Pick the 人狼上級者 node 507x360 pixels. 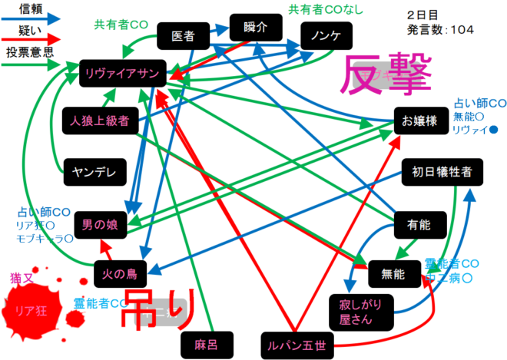[98, 120]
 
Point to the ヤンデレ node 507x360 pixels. [94, 172]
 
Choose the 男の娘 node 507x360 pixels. [101, 225]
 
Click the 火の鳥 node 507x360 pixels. [121, 272]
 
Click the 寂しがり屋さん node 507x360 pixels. [360, 311]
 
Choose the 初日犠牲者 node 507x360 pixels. [442, 172]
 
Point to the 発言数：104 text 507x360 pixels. [441, 29]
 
